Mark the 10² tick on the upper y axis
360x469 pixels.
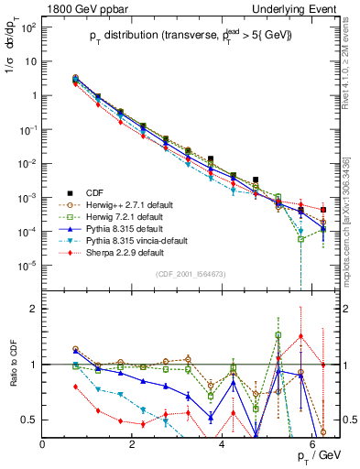pos(29,27)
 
